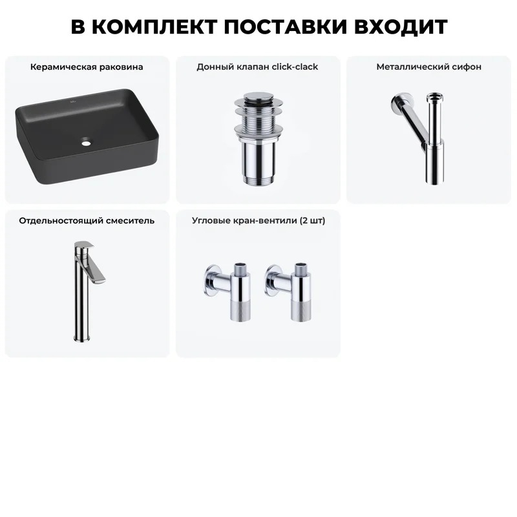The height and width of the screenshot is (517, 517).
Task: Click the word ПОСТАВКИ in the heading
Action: click(286, 26)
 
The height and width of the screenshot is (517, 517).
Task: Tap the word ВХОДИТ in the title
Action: click(401, 26)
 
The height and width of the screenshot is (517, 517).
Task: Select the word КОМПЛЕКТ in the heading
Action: click(154, 26)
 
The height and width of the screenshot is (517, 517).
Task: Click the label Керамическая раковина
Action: click(87, 67)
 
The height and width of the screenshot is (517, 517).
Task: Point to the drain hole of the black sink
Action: click(86, 143)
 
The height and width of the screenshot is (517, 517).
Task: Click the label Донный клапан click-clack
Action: click(257, 67)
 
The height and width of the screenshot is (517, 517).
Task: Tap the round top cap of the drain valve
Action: click(258, 96)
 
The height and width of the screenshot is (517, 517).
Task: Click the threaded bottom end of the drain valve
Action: click(258, 180)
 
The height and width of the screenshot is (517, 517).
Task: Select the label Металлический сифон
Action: click(429, 67)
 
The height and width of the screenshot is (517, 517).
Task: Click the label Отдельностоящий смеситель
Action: click(87, 220)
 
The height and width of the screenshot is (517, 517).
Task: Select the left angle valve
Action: click(227, 292)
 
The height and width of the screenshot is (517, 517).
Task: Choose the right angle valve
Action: click(288, 292)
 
